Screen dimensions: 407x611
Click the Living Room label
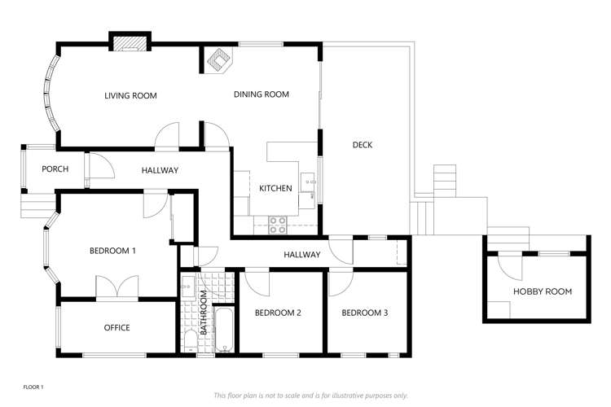click(x=130, y=96)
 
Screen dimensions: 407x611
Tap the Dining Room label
click(x=262, y=94)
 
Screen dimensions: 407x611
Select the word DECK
click(x=363, y=146)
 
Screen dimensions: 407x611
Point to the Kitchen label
click(x=275, y=189)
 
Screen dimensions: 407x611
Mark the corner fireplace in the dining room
click(x=218, y=60)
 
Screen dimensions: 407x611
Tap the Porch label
click(x=55, y=170)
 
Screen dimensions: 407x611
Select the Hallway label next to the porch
click(x=160, y=170)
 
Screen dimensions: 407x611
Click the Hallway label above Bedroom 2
click(x=301, y=256)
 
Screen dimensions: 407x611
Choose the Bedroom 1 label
click(x=112, y=251)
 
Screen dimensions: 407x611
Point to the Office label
click(x=116, y=328)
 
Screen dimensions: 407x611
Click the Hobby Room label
click(x=542, y=291)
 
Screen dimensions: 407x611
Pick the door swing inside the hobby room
click(x=509, y=264)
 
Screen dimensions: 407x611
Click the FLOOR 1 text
click(x=33, y=387)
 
